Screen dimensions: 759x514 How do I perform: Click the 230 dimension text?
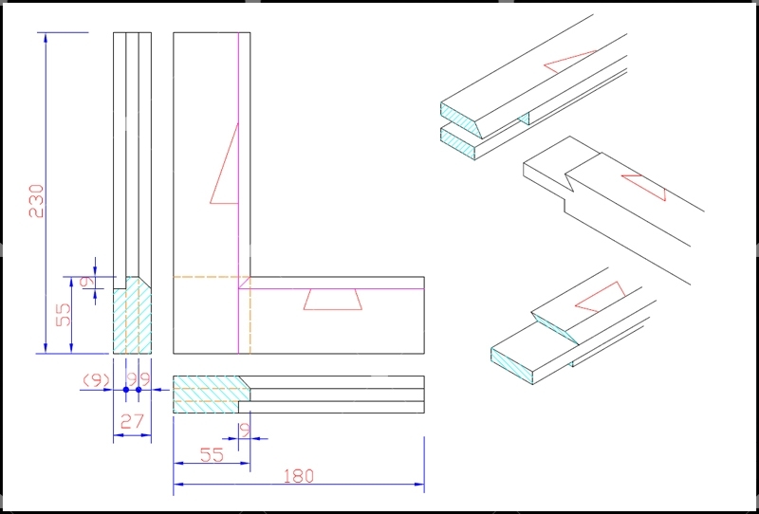click(x=37, y=201)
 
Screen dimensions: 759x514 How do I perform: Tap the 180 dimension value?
click(x=298, y=476)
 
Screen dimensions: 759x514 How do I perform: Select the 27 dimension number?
click(x=132, y=422)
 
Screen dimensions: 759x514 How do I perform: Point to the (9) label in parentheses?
click(x=97, y=381)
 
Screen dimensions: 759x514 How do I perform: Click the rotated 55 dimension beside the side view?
click(x=64, y=314)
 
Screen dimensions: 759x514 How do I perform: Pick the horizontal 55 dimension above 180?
click(x=211, y=455)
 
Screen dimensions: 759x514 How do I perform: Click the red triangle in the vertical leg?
click(x=224, y=164)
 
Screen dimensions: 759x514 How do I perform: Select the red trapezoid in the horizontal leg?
click(x=333, y=300)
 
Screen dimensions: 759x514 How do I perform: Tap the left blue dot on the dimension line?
click(x=126, y=389)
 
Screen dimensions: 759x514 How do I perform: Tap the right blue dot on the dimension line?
click(x=139, y=389)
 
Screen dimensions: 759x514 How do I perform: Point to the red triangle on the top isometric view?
click(x=570, y=62)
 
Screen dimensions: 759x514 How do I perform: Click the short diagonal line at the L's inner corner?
click(x=245, y=283)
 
